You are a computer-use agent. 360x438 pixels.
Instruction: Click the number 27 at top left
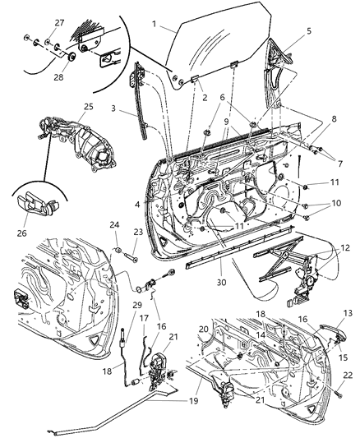pos(35,22)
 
